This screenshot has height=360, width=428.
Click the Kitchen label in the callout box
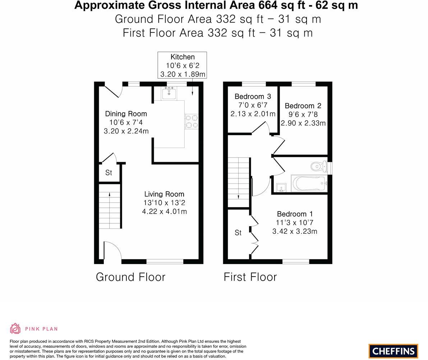tap(182, 57)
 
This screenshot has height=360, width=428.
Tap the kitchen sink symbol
tap(169, 94)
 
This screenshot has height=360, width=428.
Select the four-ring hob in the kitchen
tap(192, 121)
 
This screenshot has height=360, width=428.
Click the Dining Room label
tap(126, 114)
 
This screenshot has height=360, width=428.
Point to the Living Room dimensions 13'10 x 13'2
tap(164, 203)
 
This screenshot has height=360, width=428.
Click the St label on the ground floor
tap(109, 173)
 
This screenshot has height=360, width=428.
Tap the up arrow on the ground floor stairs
tap(110, 195)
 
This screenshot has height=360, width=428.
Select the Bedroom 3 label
tap(253, 96)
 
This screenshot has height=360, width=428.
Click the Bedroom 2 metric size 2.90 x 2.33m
tap(303, 123)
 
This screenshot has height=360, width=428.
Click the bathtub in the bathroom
tap(309, 184)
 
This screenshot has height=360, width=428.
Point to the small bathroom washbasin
tap(281, 187)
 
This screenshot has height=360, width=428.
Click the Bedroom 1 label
tap(295, 214)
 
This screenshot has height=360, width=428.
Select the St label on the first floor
tap(238, 233)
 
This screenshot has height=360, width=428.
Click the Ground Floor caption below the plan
tap(130, 277)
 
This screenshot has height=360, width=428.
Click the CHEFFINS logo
tap(393, 351)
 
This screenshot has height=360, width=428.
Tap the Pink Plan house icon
tap(15, 328)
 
